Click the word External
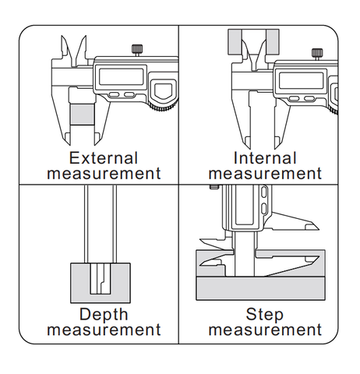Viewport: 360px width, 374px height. pos(104,158)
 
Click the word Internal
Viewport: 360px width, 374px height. pos(265,158)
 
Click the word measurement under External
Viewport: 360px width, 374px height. pos(104,174)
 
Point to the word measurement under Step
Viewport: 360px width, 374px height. pos(265,330)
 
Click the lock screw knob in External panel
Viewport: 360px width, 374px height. pos(137,48)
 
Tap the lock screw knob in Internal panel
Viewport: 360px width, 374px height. pos(317,52)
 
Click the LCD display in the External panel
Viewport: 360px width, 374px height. pos(121,76)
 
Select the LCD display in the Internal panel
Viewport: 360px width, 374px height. pos(301,80)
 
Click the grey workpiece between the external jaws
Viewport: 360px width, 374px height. pos(82,115)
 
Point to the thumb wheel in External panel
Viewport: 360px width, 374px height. pos(164,106)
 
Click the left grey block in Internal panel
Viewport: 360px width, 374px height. pos(235,42)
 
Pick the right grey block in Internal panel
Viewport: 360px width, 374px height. pos(273,42)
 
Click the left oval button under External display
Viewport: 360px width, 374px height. pos(114,95)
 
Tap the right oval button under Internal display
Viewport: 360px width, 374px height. pos(309,98)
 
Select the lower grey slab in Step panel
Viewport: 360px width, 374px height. pos(260,288)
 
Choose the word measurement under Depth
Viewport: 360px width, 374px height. pos(104,330)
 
